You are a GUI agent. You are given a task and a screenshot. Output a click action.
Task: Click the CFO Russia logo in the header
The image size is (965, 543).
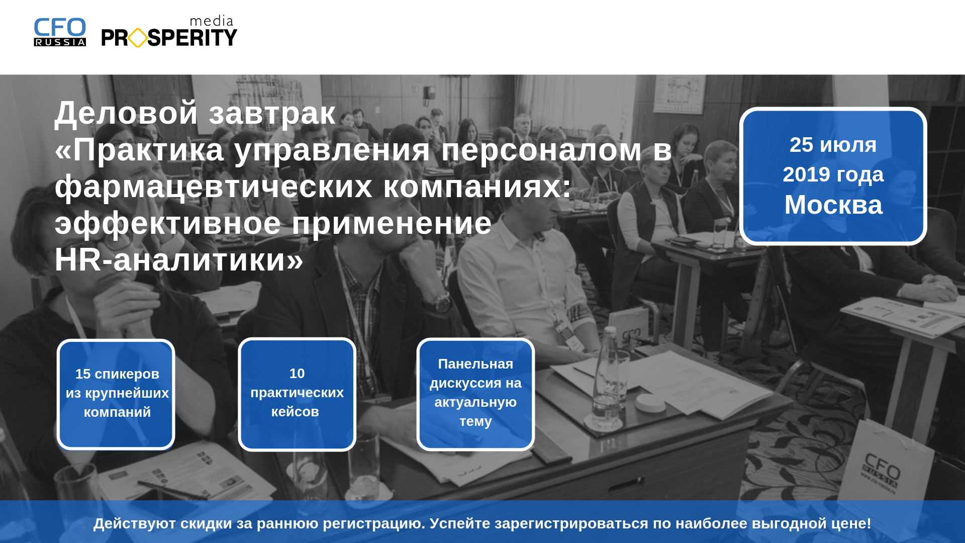pyautogui.click(x=60, y=32)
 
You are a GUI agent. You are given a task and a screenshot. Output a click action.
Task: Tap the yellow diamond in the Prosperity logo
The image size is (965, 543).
pyautogui.click(x=138, y=38)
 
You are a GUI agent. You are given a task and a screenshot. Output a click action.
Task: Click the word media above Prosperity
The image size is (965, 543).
pyautogui.click(x=212, y=21)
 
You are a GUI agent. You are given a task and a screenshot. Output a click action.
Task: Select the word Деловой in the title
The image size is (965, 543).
pyautogui.click(x=126, y=113)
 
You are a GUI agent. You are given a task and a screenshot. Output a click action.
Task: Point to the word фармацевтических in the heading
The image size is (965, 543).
pyautogui.click(x=214, y=187)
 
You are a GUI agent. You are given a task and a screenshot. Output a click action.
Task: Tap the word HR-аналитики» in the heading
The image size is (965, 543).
pyautogui.click(x=179, y=260)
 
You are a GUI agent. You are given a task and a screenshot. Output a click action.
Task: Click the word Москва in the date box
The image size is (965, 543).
pyautogui.click(x=833, y=205)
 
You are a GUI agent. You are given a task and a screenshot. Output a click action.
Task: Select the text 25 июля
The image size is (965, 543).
pyautogui.click(x=833, y=145)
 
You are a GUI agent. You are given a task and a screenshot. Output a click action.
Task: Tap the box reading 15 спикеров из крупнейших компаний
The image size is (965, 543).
pyautogui.click(x=116, y=394)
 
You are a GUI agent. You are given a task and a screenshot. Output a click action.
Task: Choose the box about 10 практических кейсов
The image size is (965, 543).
pyautogui.click(x=297, y=394)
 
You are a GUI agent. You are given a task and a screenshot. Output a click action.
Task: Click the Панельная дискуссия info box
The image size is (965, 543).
pyautogui.click(x=475, y=394)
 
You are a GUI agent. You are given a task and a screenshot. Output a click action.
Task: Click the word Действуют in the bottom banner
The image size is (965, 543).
pyautogui.click(x=134, y=523)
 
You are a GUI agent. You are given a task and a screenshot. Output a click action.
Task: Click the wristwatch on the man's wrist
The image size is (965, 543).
pyautogui.click(x=442, y=303)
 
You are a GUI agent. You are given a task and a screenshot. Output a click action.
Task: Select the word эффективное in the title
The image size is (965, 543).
pyautogui.click(x=167, y=223)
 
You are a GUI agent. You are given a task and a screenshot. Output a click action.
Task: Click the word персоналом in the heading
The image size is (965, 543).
pyautogui.click(x=541, y=150)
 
